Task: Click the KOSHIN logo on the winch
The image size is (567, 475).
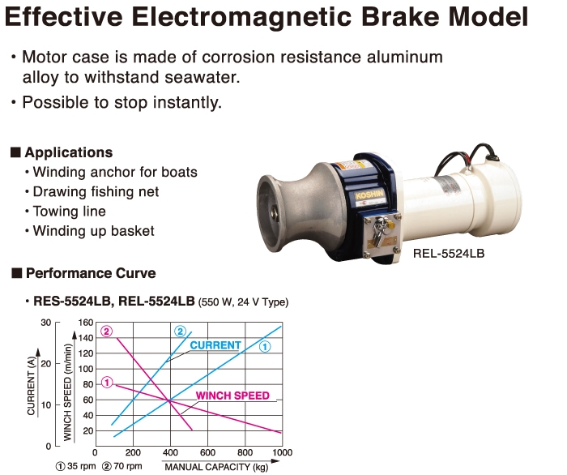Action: point(369,195)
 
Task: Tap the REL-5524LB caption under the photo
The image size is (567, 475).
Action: point(449,253)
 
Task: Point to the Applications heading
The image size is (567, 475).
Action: point(68,152)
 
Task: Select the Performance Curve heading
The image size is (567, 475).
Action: point(91,273)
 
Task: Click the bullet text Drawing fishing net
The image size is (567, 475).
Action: point(96,192)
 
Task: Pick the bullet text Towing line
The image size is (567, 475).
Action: point(70,212)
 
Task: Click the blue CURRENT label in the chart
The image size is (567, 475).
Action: point(215,345)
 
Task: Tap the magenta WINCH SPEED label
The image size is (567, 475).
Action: point(233,396)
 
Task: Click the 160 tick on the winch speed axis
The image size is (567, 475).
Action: point(86,323)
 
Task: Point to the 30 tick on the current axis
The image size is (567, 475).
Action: point(46,323)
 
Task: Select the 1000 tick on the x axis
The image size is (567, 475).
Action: point(283,452)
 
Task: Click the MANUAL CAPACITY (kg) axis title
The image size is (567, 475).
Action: point(216,467)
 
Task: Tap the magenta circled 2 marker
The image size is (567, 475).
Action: point(107,332)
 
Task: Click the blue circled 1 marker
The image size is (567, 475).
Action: point(265,347)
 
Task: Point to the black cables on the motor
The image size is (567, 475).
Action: point(465,156)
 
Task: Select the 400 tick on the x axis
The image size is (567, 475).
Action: point(170,452)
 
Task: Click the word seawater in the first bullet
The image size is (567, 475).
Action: point(202,78)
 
